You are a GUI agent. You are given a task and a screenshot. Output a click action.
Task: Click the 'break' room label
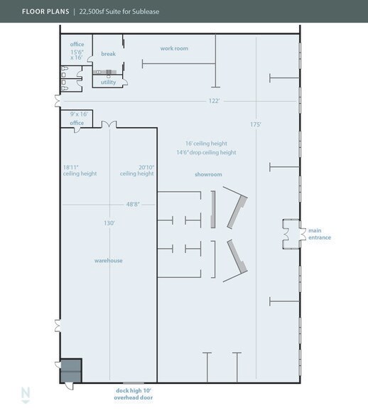click(x=108, y=54)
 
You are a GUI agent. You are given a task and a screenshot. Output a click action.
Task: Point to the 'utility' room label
click(x=108, y=82)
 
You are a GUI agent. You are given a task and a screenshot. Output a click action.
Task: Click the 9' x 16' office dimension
click(x=78, y=113)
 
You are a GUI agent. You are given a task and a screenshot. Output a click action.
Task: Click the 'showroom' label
click(x=209, y=174)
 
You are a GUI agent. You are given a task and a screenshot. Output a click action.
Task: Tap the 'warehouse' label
click(x=108, y=261)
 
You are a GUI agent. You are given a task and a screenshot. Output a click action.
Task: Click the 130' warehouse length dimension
click(x=109, y=223)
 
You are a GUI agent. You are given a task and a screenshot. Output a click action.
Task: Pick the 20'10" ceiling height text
click(x=136, y=171)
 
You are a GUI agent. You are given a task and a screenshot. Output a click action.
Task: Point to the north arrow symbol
click(x=26, y=395)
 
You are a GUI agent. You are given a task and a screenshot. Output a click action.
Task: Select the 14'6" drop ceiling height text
click(x=206, y=152)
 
